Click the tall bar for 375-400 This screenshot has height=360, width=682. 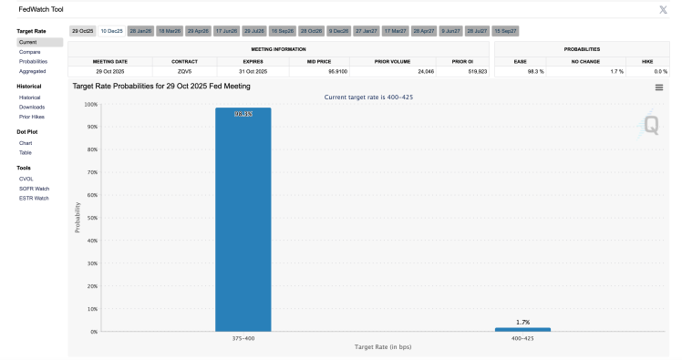tap(243, 219)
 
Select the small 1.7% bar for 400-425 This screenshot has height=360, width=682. tap(522, 329)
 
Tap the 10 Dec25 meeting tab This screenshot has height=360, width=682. tap(111, 31)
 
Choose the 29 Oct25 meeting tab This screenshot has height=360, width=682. tap(82, 31)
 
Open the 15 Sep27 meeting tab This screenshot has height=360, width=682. tap(506, 31)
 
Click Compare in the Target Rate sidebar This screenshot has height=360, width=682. tap(30, 52)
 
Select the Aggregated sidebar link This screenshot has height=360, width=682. tap(33, 70)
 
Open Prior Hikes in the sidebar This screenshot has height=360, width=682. tap(32, 117)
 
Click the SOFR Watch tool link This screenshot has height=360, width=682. tap(34, 189)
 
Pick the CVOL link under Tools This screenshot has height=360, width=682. tap(26, 179)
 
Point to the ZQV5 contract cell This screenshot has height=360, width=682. tap(184, 70)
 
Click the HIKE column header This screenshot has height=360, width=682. tap(647, 60)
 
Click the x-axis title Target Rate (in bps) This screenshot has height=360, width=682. tap(382, 347)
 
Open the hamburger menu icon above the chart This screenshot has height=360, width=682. tap(659, 87)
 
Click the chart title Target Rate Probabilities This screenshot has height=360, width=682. tap(161, 87)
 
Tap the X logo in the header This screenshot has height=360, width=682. tap(663, 9)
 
